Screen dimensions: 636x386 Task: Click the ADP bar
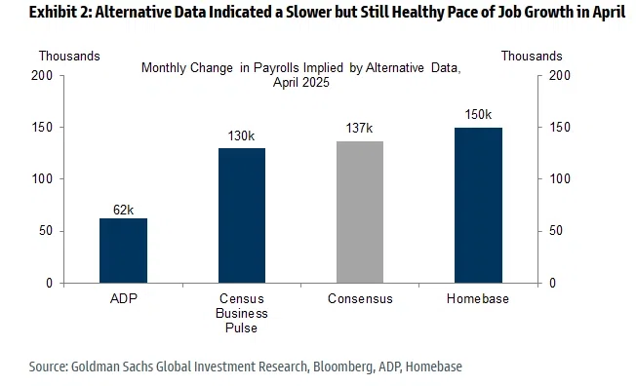[x=123, y=251]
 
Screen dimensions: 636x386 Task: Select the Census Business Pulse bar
[x=242, y=215]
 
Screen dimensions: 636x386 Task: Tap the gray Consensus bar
[x=360, y=212]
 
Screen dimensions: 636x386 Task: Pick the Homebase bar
[x=478, y=205]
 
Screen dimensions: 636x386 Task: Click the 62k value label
[x=123, y=210]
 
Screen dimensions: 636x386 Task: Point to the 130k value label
[x=241, y=135]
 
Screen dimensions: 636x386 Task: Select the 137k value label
[x=359, y=128]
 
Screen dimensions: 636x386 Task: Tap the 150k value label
[x=478, y=114]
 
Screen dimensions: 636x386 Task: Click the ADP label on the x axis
[x=124, y=298]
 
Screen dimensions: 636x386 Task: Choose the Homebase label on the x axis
[x=478, y=299]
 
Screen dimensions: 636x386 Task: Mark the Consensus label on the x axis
[x=360, y=299]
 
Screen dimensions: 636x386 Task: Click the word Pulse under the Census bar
[x=241, y=328]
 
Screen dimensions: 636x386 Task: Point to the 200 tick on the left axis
[x=42, y=75]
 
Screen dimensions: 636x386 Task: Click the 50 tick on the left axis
[x=46, y=231]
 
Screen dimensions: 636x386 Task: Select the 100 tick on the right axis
[x=560, y=178]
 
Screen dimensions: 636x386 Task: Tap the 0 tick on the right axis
[x=552, y=283]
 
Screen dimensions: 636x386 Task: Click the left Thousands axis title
[x=69, y=56]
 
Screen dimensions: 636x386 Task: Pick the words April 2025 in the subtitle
[x=301, y=82]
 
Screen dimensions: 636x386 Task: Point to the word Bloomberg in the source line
[x=343, y=367]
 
